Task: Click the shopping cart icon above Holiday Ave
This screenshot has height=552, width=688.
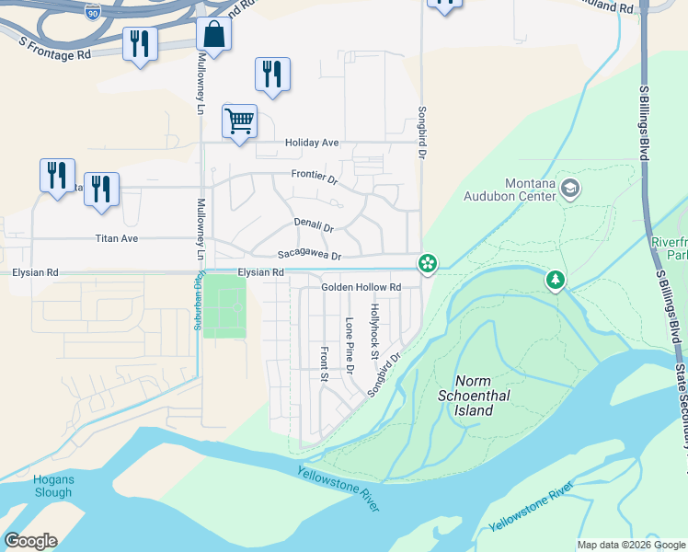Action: click(239, 121)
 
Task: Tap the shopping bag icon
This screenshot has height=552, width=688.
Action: click(213, 35)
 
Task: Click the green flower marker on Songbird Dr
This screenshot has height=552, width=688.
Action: click(428, 264)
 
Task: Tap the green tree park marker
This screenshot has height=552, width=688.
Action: click(556, 280)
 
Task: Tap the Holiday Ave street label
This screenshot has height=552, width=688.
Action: click(312, 143)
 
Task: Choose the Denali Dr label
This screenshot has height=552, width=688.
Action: click(314, 224)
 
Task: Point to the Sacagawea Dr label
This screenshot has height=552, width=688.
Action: click(310, 256)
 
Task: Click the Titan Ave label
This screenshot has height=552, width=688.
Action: click(117, 238)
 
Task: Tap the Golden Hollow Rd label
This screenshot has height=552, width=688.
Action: click(361, 287)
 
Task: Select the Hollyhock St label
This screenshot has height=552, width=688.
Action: click(374, 330)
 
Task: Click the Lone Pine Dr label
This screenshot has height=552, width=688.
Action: click(350, 346)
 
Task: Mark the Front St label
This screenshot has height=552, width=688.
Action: click(324, 363)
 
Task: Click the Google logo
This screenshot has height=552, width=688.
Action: click(30, 541)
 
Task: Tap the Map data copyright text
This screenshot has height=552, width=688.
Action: click(630, 545)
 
